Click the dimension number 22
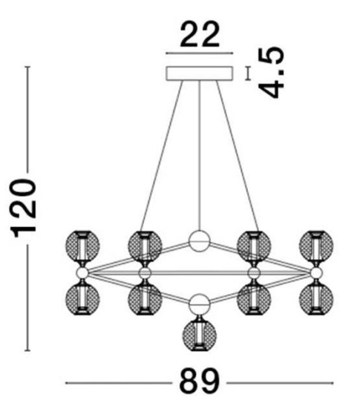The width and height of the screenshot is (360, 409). tap(200, 34)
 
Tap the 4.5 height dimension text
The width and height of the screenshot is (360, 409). tap(272, 72)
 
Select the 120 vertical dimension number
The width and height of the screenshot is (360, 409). tap(23, 208)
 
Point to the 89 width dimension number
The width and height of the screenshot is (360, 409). tap(200, 382)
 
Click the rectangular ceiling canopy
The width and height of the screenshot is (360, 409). tap(200, 73)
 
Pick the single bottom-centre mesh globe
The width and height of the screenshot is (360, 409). tap(200, 335)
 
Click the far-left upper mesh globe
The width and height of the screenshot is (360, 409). tap(82, 246)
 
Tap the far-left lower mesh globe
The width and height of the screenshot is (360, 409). tap(82, 299)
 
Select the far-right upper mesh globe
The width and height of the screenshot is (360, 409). tap(316, 246)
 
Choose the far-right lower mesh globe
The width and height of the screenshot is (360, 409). tap(316, 299)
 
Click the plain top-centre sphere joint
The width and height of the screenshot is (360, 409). tap(200, 241)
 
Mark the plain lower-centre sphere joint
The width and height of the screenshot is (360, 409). tap(200, 304)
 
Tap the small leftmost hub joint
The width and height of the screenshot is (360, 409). tap(82, 273)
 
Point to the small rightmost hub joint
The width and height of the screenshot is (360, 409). tap(316, 273)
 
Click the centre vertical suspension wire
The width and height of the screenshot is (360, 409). tap(200, 155)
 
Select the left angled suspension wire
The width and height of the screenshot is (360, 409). tap(162, 156)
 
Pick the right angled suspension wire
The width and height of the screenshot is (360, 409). tap(238, 156)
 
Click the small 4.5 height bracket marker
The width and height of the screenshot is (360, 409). tap(248, 73)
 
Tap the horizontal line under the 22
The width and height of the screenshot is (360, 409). tap(200, 53)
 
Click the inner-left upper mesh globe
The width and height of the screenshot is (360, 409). tap(145, 246)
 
